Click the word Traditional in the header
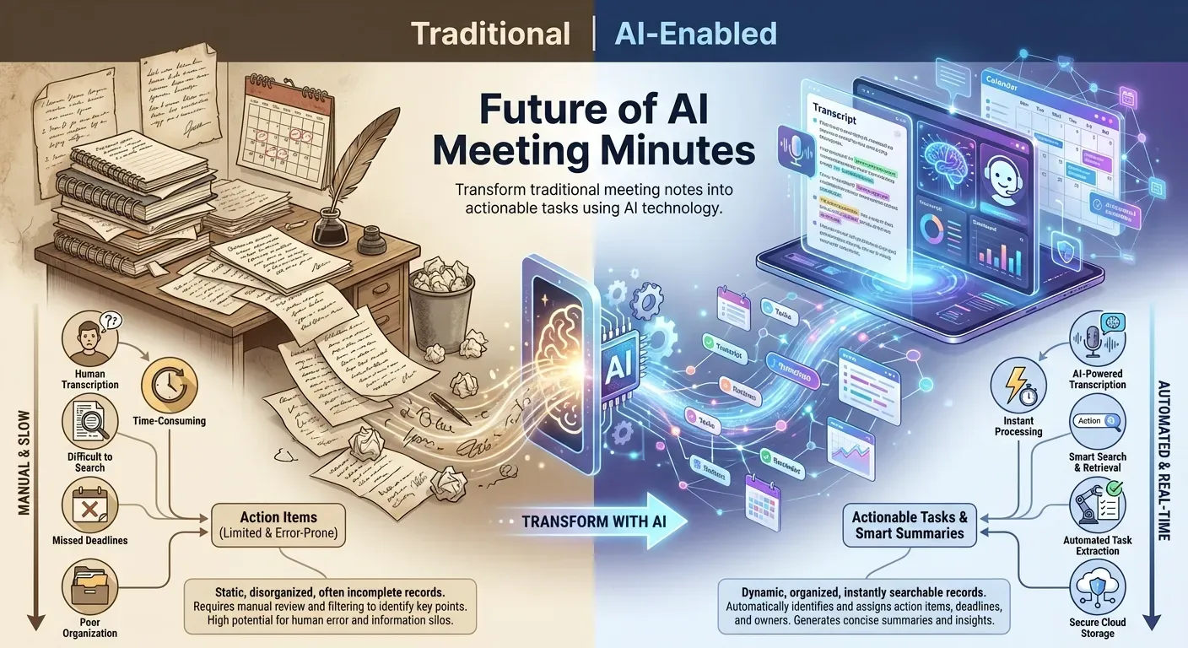(490, 34)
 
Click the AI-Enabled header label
(696, 34)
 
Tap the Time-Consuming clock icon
(169, 384)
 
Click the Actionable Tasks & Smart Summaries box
(909, 525)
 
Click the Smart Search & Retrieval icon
(1097, 421)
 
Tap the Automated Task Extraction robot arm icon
(1097, 505)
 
